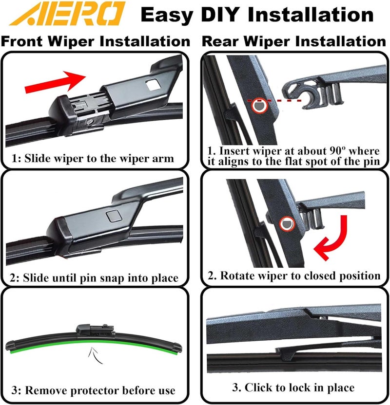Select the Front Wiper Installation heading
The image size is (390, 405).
tap(95, 41)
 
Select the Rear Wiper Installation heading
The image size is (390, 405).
tap(294, 41)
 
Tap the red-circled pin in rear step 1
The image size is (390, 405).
tap(257, 106)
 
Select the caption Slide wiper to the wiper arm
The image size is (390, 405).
tap(93, 158)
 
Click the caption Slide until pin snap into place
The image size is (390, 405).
tap(94, 278)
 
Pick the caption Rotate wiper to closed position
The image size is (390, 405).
tap(293, 276)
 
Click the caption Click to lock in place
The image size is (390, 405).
tap(292, 387)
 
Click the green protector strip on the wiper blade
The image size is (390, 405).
tap(49, 350)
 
